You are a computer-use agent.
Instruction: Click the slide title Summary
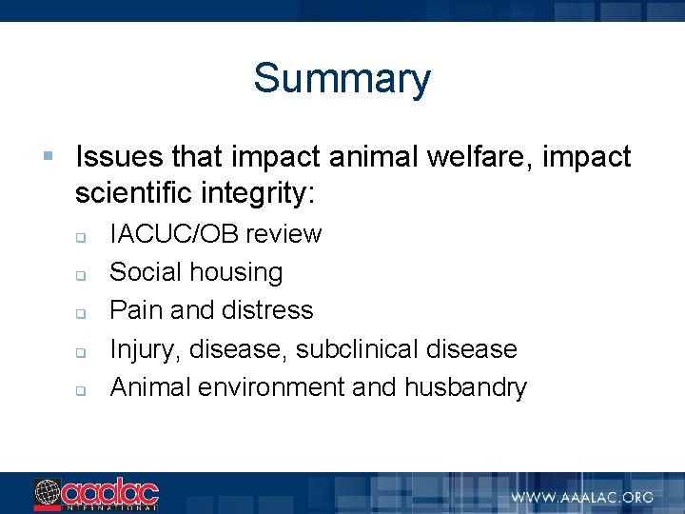[x=342, y=78]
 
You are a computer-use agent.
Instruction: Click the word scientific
[x=134, y=194]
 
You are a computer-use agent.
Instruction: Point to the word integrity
[x=256, y=194]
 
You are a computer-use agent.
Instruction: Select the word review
[x=287, y=234]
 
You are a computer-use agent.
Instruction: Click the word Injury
[x=145, y=349]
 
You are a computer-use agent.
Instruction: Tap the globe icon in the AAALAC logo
[x=47, y=493]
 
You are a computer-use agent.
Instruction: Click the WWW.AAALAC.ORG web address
[x=581, y=497]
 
